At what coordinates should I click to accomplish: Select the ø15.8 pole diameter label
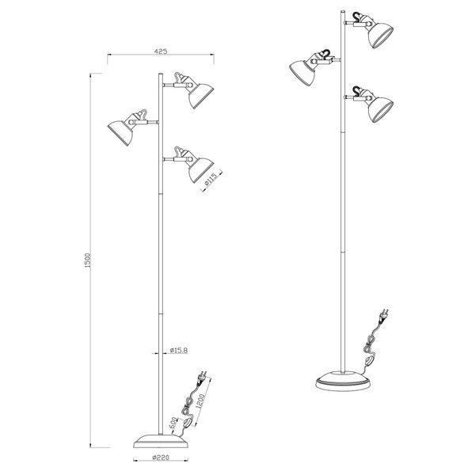178,350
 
